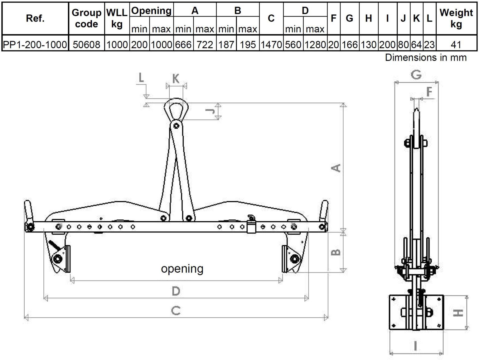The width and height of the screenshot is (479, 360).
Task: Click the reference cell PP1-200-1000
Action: (35, 45)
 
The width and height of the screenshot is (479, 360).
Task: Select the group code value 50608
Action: (86, 45)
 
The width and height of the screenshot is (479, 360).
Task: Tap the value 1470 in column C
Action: (271, 45)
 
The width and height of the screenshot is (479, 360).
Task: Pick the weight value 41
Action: (456, 45)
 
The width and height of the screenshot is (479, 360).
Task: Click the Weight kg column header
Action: (456, 18)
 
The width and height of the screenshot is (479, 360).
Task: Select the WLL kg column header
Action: (117, 18)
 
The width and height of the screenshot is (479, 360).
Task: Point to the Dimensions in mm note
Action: (426, 57)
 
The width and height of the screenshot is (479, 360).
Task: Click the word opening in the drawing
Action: (182, 268)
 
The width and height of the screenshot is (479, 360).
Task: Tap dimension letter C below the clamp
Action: (176, 310)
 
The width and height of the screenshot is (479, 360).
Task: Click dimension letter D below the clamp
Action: (176, 291)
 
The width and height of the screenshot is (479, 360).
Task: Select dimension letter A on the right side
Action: (336, 168)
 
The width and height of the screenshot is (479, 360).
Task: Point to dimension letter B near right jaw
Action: (336, 252)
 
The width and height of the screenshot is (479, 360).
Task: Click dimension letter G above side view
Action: (416, 75)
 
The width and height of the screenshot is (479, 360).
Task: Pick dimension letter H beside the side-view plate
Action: (458, 312)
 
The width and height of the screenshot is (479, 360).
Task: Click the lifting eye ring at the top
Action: (176, 109)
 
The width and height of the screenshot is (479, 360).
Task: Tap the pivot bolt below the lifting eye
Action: (177, 126)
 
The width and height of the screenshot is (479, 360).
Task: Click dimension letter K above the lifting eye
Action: (176, 79)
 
